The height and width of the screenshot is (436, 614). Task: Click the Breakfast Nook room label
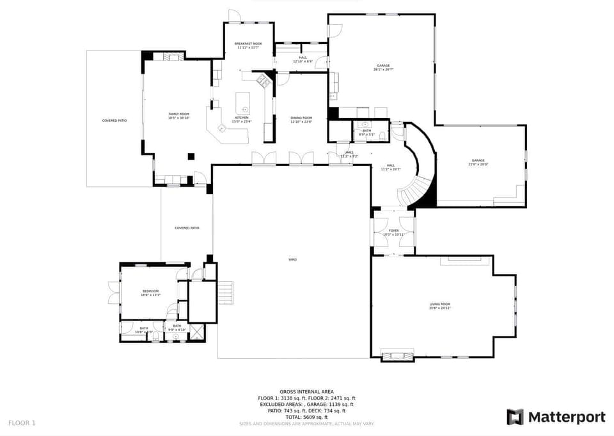point(248,45)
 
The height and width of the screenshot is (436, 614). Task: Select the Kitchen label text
point(242,119)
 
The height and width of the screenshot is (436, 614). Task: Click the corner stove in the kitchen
point(262,80)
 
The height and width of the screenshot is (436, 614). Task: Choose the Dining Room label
point(301,119)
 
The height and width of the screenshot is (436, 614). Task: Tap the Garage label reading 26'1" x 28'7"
point(383,67)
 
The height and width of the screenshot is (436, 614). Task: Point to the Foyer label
point(393,232)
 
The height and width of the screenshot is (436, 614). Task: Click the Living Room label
point(439,306)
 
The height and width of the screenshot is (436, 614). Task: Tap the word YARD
point(292,259)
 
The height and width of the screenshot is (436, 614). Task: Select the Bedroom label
point(150,292)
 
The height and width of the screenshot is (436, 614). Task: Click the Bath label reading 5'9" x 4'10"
point(176,327)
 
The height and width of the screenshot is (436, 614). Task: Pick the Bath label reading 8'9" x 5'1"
point(366,132)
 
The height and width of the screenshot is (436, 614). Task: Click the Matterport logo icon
point(515,417)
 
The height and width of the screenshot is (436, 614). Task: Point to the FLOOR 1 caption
point(22,423)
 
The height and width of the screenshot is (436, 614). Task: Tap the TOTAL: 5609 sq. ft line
point(306,417)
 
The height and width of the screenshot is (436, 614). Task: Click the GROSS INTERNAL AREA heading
point(306,391)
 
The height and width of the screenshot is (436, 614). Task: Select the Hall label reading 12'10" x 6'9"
point(303,59)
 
